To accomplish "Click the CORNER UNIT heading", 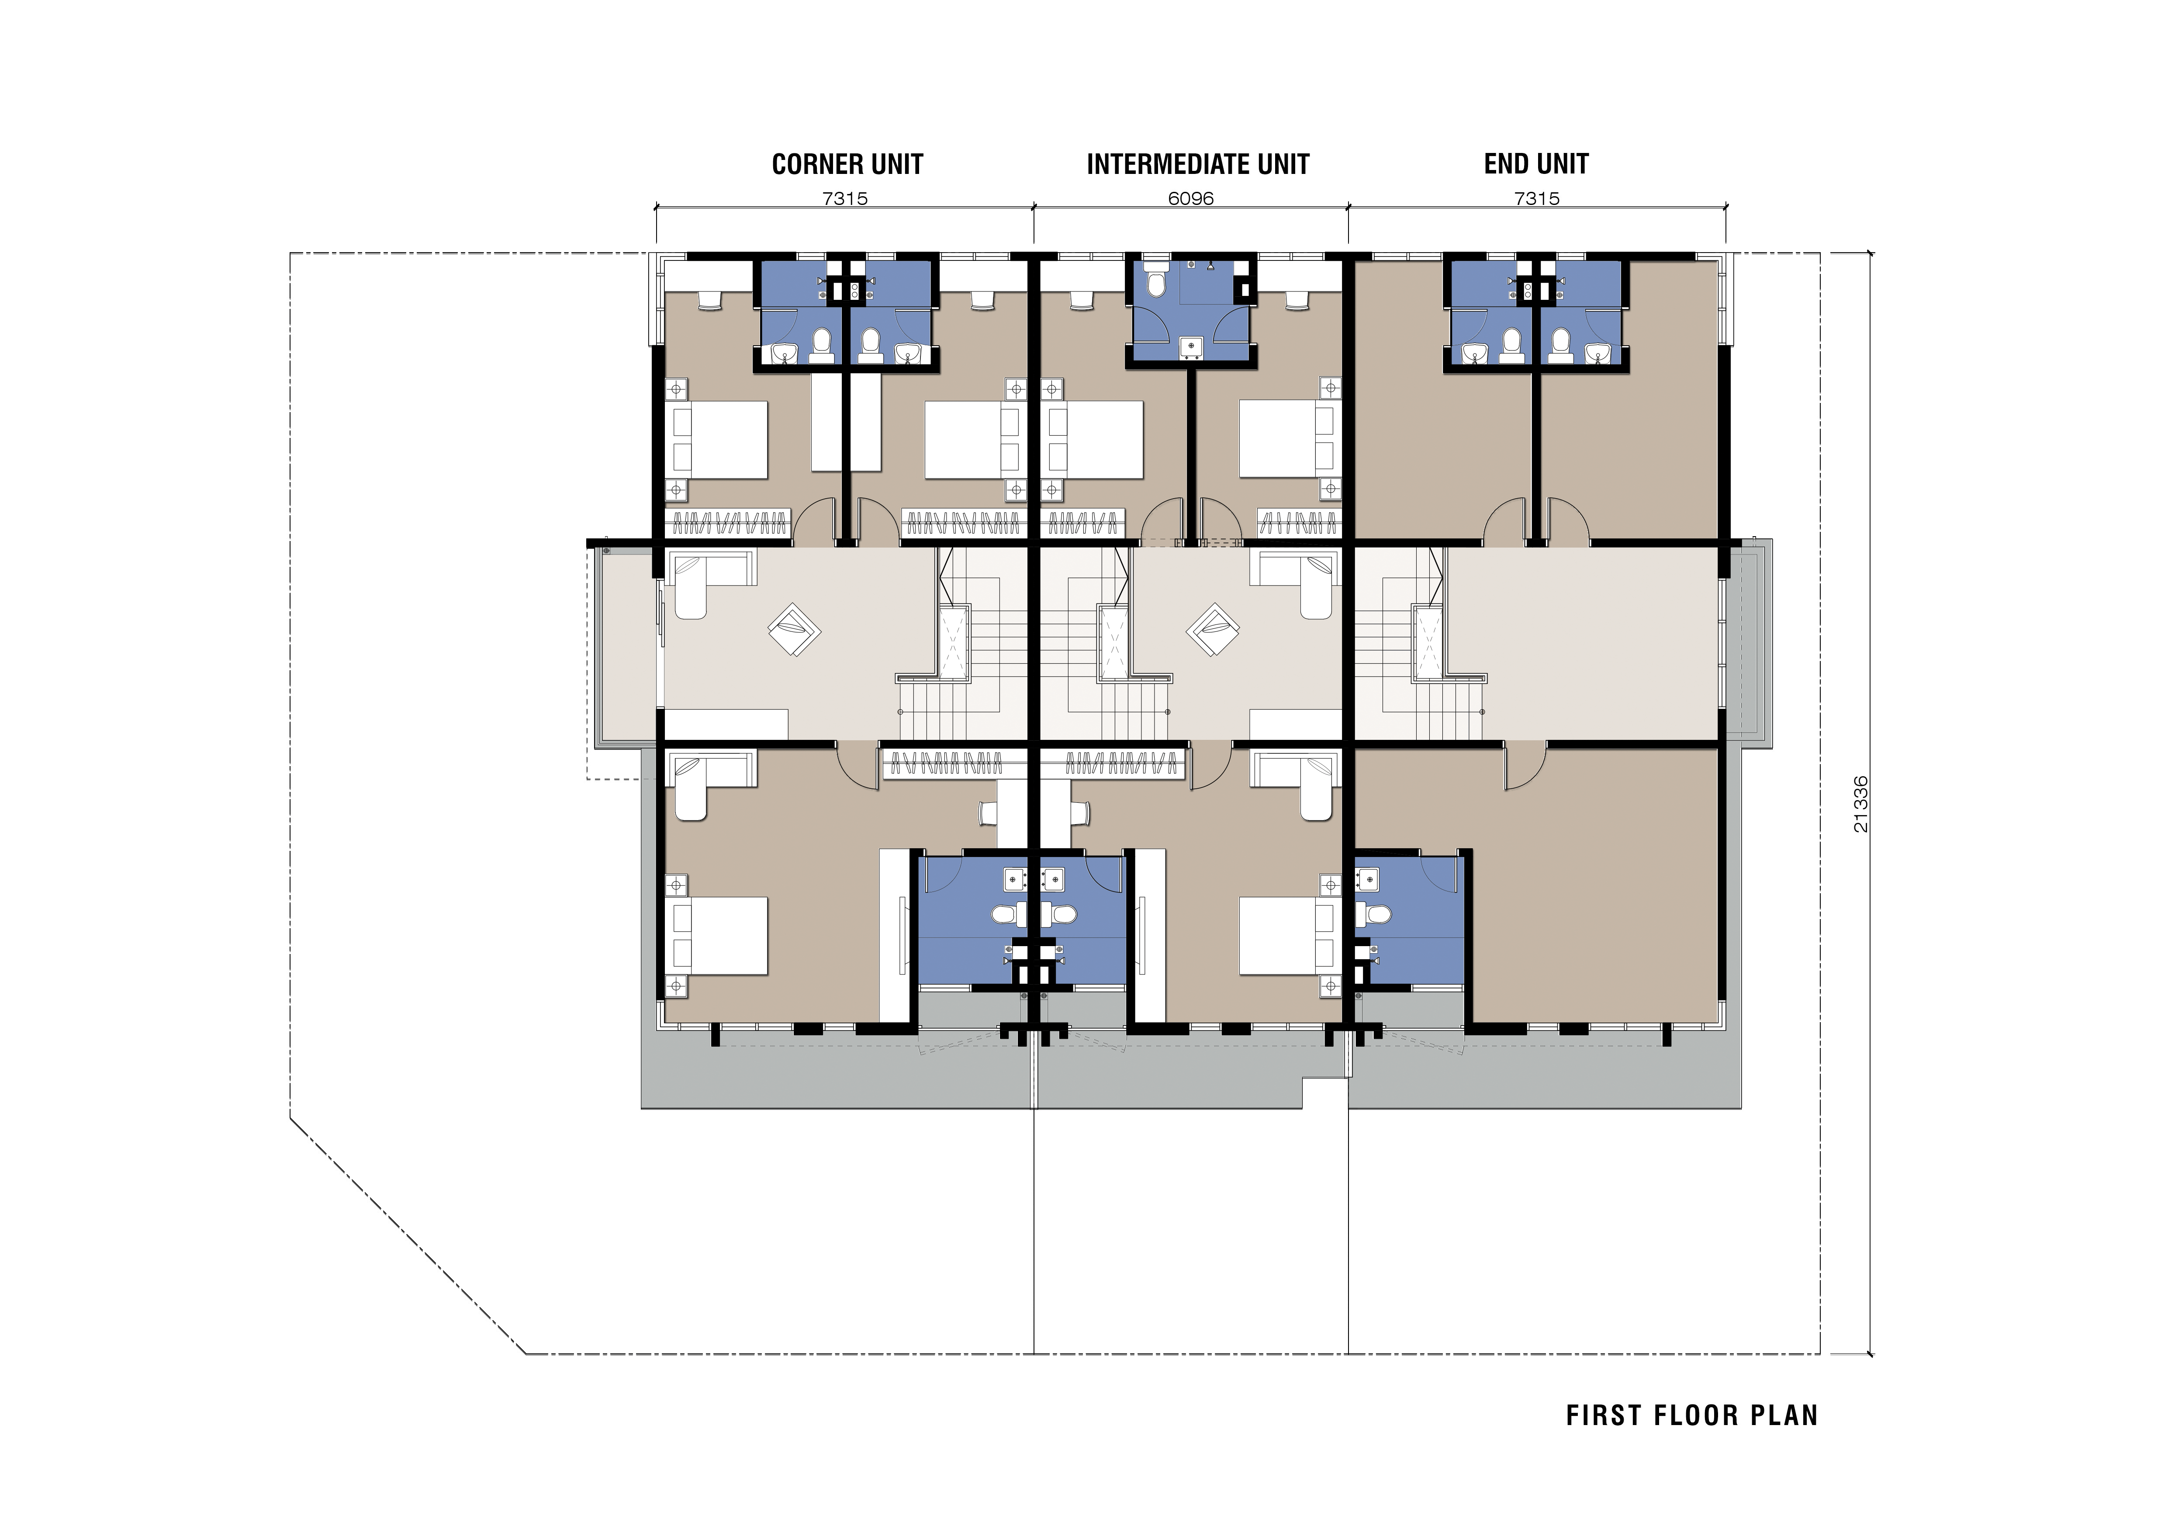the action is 847,164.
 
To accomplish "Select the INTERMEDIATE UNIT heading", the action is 1197,164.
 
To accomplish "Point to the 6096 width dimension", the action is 1191,198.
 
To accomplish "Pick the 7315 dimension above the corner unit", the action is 845,198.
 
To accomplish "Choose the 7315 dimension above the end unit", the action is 1536,198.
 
